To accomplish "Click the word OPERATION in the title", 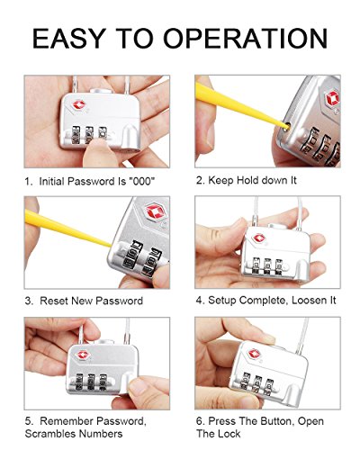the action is (x=246, y=39).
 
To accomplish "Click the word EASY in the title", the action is (x=68, y=39).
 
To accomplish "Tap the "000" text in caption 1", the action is (x=141, y=181).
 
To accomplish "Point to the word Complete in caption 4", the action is (x=264, y=301).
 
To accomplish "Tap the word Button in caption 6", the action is (x=276, y=421).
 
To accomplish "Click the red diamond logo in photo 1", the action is (x=79, y=104).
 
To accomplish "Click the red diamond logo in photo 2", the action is (x=332, y=99).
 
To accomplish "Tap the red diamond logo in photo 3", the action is (x=155, y=212).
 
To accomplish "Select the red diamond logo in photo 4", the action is (x=259, y=238).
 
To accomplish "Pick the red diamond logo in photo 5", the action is (x=83, y=355).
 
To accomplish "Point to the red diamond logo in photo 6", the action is (x=254, y=353).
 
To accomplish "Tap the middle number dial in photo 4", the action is (x=267, y=266).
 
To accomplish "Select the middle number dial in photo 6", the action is (x=257, y=384).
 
